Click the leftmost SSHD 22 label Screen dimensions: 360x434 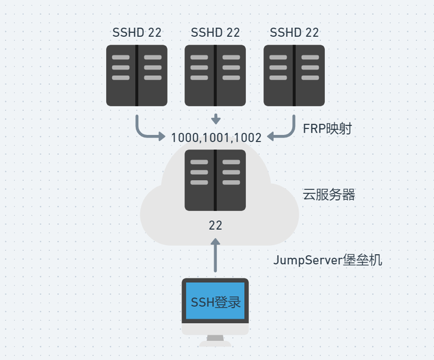137,33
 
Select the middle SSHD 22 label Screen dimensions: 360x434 215,33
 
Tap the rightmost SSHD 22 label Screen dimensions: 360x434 294,33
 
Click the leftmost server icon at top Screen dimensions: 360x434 137,75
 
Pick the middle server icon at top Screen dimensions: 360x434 215,75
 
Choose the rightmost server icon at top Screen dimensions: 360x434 294,75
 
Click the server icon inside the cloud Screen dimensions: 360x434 215,180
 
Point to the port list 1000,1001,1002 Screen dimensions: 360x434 216,137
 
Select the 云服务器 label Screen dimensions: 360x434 329,194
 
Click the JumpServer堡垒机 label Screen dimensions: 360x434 328,261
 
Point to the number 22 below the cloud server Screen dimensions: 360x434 215,226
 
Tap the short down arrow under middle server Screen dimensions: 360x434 215,118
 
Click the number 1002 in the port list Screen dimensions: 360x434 247,137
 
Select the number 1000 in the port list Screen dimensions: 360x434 184,137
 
